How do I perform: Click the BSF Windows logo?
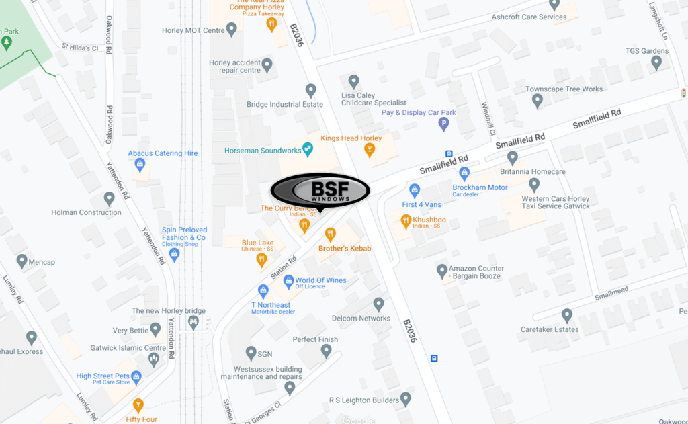click(x=320, y=191)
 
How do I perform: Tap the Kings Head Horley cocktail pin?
click(x=369, y=150)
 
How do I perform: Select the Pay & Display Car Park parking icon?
click(x=443, y=124)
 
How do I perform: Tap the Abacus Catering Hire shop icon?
click(x=140, y=165)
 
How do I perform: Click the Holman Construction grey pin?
click(x=110, y=198)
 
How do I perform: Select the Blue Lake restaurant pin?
click(x=262, y=259)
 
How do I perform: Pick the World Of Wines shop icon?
click(x=288, y=280)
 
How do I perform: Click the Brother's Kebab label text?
click(x=345, y=249)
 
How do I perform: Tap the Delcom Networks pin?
click(x=379, y=304)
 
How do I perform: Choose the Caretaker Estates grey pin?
click(x=567, y=315)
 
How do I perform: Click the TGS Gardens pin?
click(x=656, y=62)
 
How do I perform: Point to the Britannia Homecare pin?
click(x=513, y=158)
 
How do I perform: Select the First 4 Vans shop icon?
click(x=415, y=190)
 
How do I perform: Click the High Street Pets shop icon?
click(x=137, y=376)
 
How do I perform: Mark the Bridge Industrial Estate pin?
click(x=310, y=90)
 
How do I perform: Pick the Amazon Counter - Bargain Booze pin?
click(x=441, y=271)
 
